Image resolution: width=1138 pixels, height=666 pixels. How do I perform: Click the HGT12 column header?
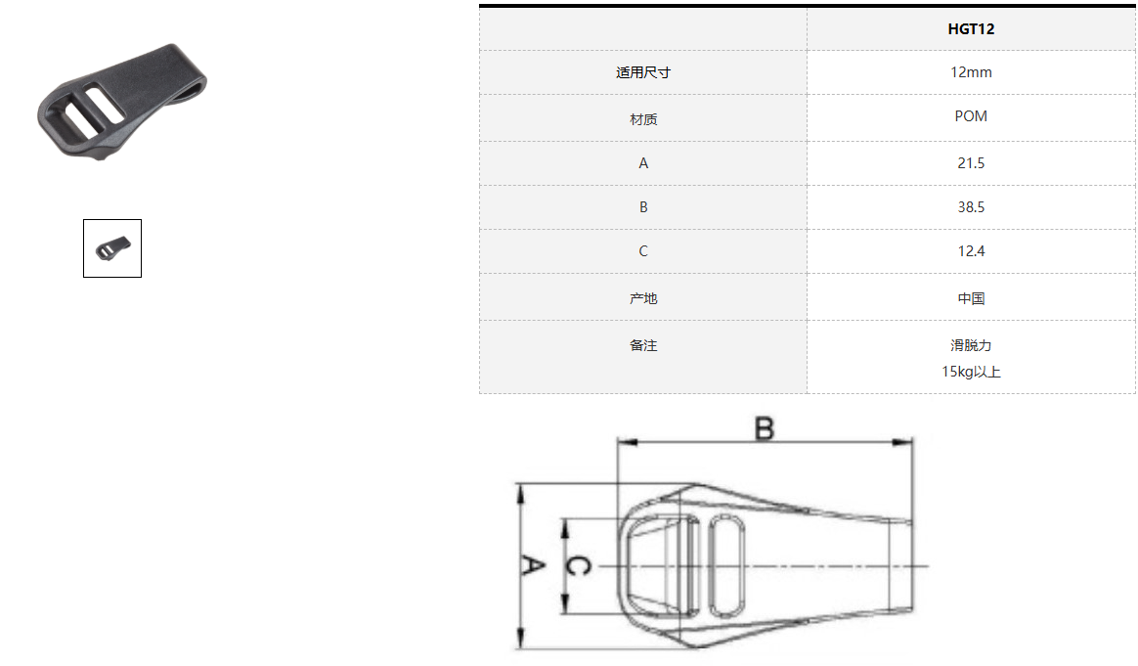pyautogui.click(x=971, y=29)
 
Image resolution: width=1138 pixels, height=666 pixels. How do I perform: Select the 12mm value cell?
pyautogui.click(x=971, y=72)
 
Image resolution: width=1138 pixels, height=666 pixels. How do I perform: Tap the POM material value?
pyautogui.click(x=971, y=116)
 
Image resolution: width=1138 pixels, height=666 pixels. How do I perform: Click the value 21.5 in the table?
pyautogui.click(x=971, y=163)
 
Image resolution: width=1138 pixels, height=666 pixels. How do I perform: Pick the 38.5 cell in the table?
pyautogui.click(x=971, y=207)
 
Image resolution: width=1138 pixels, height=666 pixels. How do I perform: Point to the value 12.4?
pyautogui.click(x=971, y=251)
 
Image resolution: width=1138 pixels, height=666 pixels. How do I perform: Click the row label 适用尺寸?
pyautogui.click(x=643, y=72)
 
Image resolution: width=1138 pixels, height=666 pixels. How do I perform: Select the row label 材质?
pyautogui.click(x=643, y=119)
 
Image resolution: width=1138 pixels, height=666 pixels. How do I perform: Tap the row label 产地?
pyautogui.click(x=643, y=298)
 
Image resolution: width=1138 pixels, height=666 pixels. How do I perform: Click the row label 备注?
pyautogui.click(x=643, y=345)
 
